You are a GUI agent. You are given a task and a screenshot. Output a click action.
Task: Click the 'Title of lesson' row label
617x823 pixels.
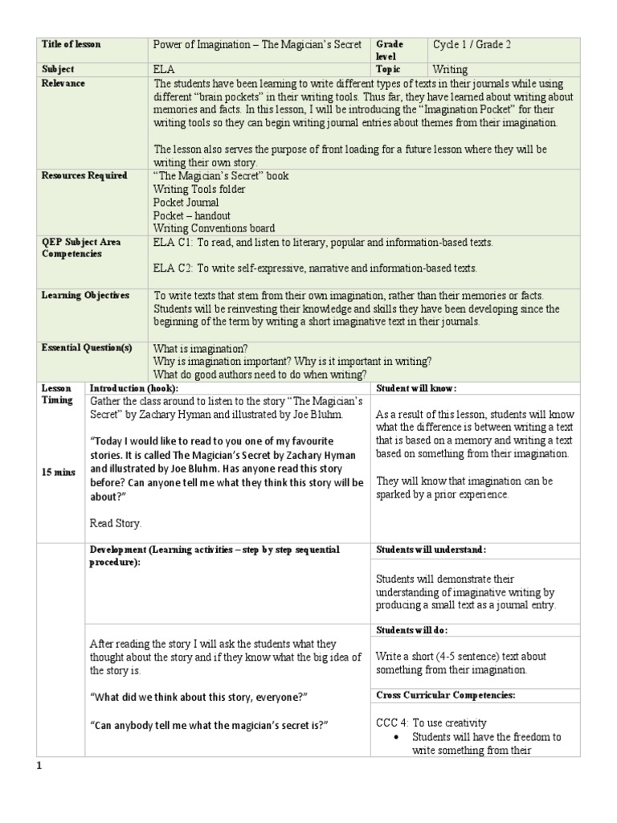pyautogui.click(x=72, y=45)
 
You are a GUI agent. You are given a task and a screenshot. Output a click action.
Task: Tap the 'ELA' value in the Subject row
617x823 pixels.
pyautogui.click(x=163, y=70)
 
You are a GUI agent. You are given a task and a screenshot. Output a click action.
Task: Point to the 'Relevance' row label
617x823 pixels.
pyautogui.click(x=63, y=84)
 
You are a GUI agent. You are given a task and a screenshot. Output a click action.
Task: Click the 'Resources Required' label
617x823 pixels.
pyautogui.click(x=84, y=176)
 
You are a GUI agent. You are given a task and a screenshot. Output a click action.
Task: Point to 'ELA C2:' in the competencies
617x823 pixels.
pyautogui.click(x=173, y=268)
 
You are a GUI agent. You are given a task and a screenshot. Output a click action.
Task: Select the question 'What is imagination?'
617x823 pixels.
pyautogui.click(x=201, y=348)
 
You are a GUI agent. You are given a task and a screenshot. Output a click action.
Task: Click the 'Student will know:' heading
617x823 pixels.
pyautogui.click(x=416, y=388)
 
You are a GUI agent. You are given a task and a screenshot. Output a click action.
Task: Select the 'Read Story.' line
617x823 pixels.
pyautogui.click(x=116, y=523)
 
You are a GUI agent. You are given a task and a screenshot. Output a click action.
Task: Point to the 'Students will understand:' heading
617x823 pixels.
pyautogui.click(x=430, y=550)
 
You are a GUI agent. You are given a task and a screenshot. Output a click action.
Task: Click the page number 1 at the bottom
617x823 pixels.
pyautogui.click(x=38, y=766)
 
